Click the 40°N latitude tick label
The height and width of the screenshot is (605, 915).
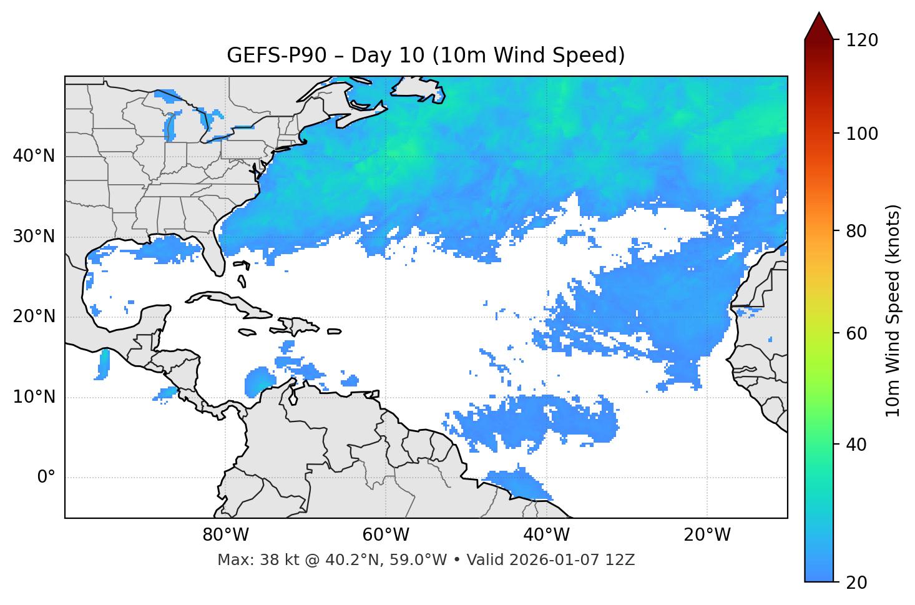[x=34, y=156]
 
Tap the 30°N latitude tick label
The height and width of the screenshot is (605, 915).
[x=34, y=237]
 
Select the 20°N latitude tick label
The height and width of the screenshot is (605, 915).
[x=34, y=317]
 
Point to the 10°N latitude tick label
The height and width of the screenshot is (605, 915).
[x=34, y=397]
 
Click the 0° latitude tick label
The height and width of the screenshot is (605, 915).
[x=46, y=478]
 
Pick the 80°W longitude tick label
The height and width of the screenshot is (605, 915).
[x=225, y=535]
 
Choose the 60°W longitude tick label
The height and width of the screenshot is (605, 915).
[x=386, y=535]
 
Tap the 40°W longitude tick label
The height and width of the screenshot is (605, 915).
[x=546, y=535]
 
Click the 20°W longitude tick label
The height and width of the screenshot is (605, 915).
[x=707, y=535]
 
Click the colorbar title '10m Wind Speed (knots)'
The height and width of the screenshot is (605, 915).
[x=893, y=311]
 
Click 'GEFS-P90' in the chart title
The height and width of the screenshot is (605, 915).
[x=276, y=56]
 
